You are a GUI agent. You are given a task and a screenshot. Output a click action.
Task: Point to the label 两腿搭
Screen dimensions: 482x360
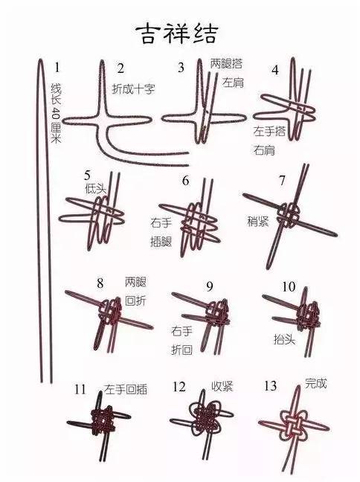pos(225,63)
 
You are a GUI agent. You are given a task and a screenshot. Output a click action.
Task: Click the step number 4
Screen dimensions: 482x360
pos(274,71)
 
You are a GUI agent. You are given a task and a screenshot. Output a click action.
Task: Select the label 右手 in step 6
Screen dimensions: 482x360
pos(161,222)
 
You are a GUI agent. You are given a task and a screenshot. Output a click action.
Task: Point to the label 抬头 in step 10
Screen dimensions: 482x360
pos(283,338)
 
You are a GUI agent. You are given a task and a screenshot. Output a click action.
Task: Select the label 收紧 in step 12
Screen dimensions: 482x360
pos(222,387)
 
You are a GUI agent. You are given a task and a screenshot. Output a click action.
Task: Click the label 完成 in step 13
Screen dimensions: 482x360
pos(315,385)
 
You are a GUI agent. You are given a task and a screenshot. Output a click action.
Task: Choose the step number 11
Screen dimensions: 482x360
pos(80,389)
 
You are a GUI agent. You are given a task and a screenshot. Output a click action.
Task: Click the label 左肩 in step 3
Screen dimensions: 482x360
pos(232,82)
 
